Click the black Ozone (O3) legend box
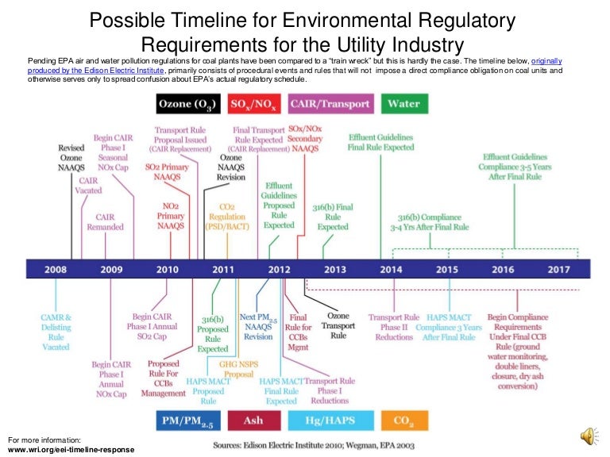click(x=187, y=104)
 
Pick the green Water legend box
click(x=403, y=104)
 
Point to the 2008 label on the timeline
click(x=56, y=270)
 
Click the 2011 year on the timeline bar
click(x=223, y=270)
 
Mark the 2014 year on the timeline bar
click(x=391, y=270)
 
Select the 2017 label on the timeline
click(x=558, y=270)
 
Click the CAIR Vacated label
click(x=88, y=186)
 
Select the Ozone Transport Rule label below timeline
click(x=338, y=325)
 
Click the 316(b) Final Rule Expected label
click(x=333, y=217)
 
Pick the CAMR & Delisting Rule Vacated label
click(x=56, y=332)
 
